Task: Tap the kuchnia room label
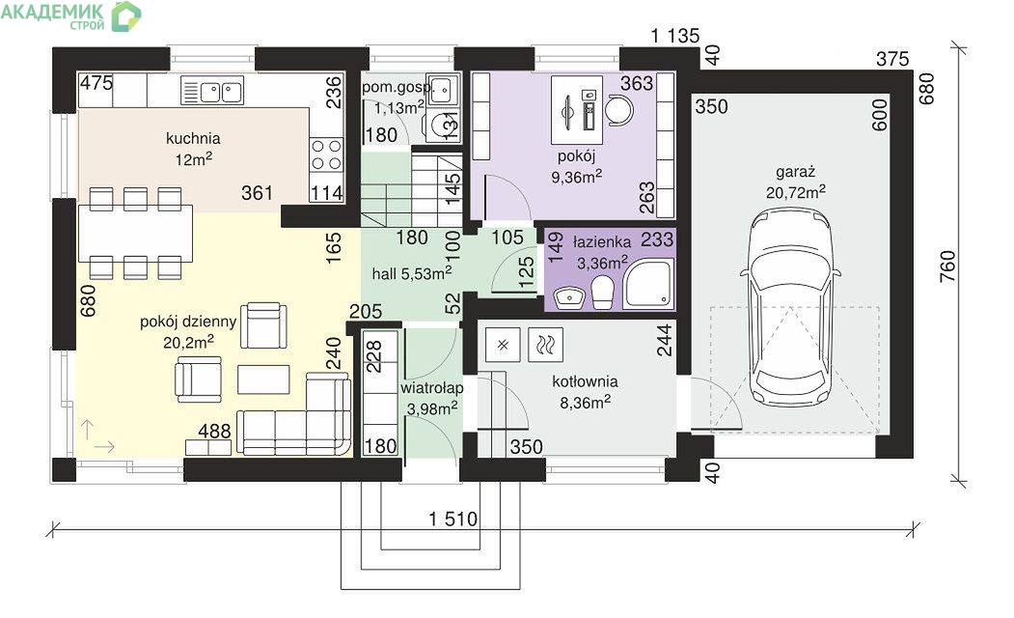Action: point(193,138)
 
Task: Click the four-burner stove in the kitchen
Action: point(326,154)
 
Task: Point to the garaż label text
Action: point(795,172)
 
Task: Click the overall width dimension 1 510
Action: point(452,519)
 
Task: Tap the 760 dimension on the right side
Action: point(946,266)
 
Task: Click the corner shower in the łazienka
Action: point(648,286)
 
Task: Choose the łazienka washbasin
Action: point(570,296)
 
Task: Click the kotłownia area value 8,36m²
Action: point(586,403)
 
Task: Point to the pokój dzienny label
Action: point(188,322)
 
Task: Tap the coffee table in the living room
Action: point(263,379)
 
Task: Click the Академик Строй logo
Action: point(70,16)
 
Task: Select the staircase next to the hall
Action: point(411,186)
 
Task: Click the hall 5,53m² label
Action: point(411,273)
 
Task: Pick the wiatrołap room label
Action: point(432,388)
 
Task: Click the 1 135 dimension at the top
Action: point(675,36)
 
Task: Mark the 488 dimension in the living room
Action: point(215,431)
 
